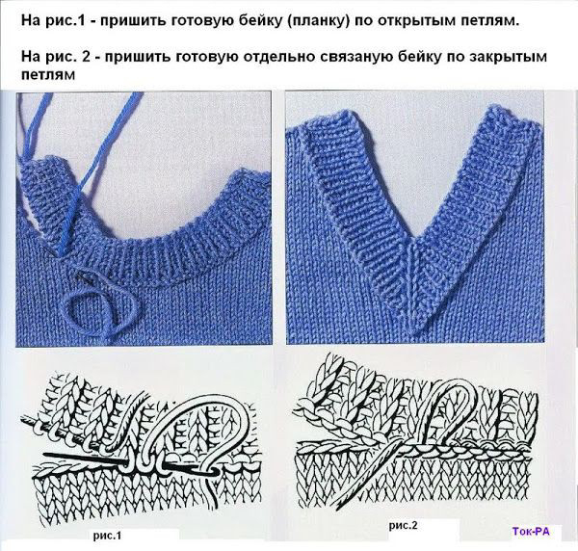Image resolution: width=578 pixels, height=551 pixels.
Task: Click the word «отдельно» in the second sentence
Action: point(282,58)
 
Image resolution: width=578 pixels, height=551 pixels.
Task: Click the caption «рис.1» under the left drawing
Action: point(107,536)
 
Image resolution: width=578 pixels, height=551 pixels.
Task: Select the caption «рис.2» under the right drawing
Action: point(404,525)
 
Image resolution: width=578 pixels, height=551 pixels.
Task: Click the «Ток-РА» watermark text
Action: point(531,531)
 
